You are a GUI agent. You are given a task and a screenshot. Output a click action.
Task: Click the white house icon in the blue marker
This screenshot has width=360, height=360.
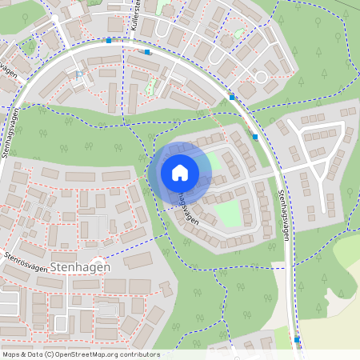click(x=180, y=173)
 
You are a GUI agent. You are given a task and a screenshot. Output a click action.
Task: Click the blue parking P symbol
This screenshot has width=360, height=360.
click(x=79, y=74)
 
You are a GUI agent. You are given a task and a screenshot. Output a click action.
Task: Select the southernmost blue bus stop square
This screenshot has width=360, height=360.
click(x=296, y=339)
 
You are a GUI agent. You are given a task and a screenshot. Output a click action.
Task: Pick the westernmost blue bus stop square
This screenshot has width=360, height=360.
click(x=108, y=40)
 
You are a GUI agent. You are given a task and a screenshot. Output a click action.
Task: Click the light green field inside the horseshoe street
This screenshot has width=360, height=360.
click(x=229, y=211)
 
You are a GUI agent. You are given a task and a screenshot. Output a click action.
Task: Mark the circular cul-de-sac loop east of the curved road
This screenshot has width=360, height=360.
click(x=261, y=77)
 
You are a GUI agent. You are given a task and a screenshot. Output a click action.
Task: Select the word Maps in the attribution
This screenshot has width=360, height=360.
click(x=11, y=354)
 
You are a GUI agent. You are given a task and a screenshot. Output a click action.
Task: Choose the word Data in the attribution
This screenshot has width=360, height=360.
click(x=34, y=354)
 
